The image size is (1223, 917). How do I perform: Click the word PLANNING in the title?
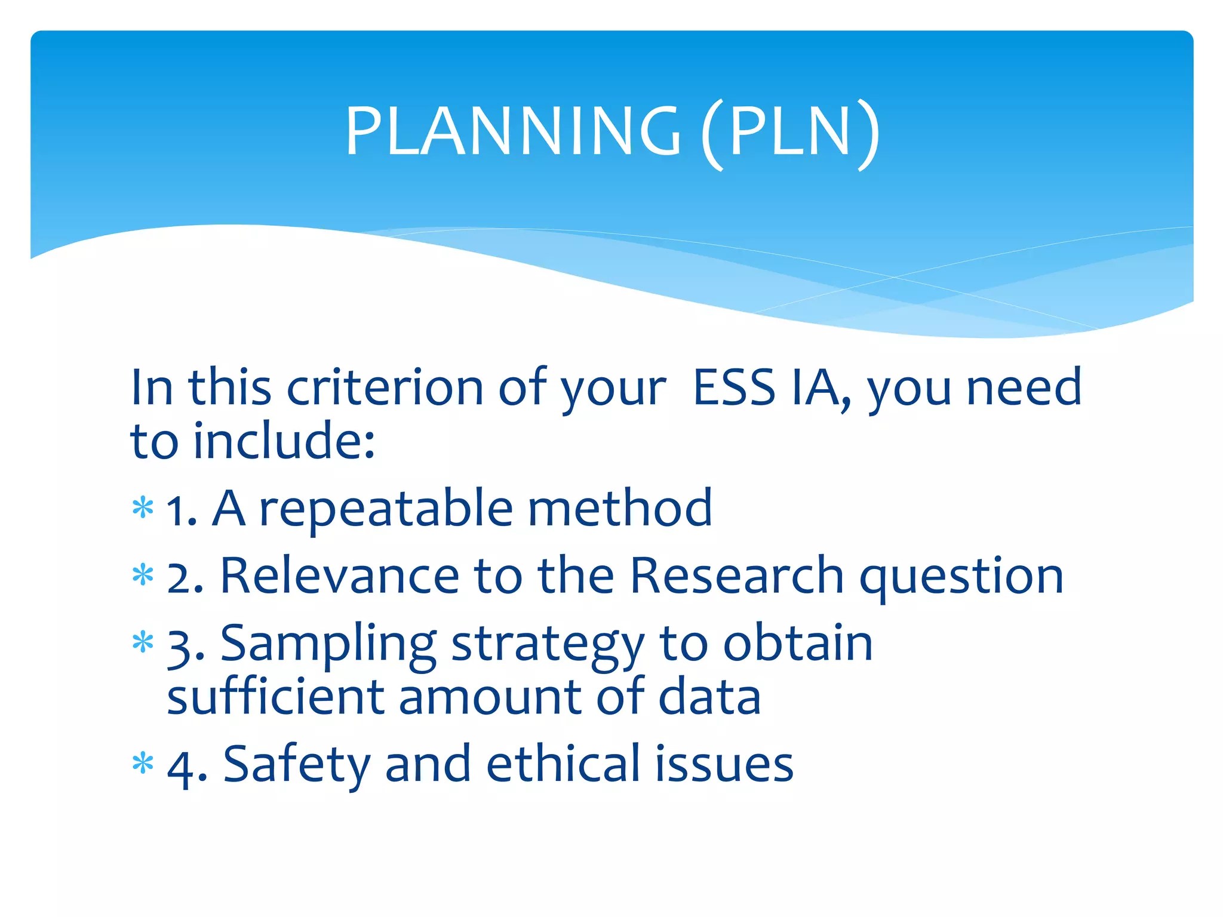pos(512,131)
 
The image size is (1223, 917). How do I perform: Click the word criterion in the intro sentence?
pos(385,388)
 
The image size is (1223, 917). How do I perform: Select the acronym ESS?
pos(734,388)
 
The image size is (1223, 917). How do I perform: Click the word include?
pos(284,442)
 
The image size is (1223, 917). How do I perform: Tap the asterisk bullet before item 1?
pos(143,509)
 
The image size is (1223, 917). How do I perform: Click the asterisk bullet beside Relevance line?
pos(143,577)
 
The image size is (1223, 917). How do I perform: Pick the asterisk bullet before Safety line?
pos(143,765)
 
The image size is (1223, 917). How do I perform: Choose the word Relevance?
pos(340,576)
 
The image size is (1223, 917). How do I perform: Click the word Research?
pos(737,576)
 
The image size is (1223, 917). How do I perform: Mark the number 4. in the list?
pos(186,767)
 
